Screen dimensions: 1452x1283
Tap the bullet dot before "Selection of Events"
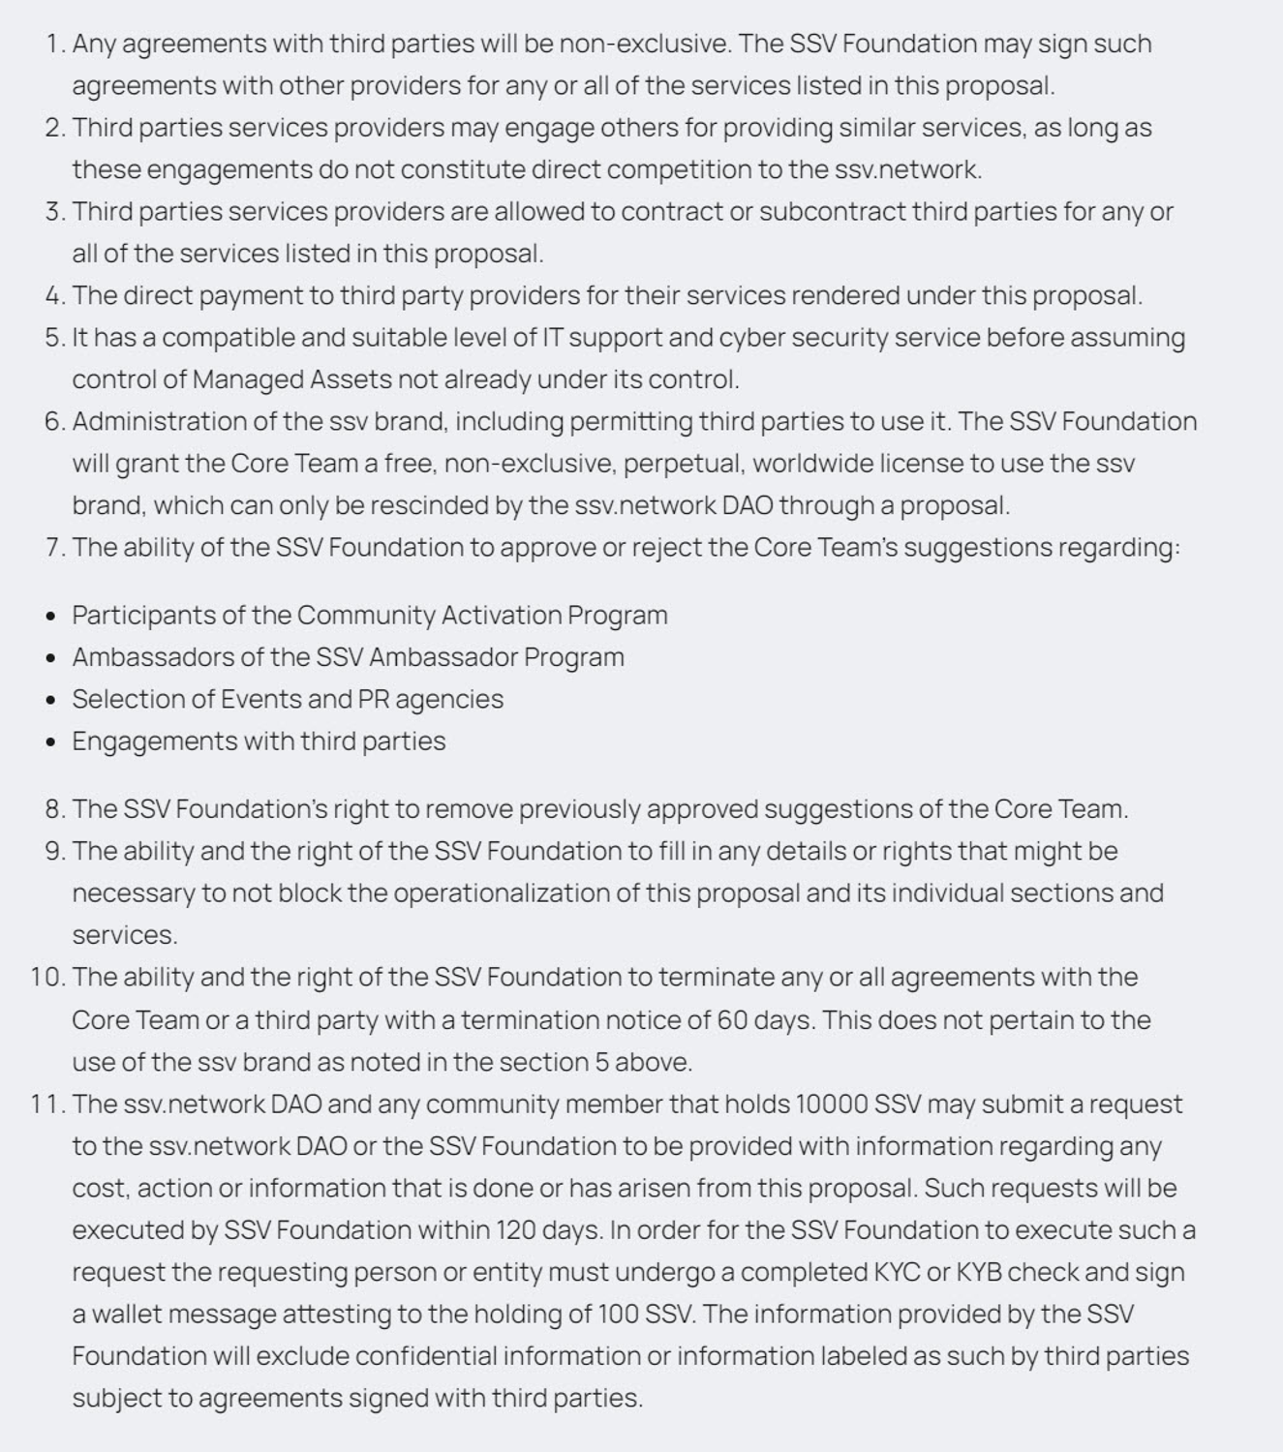click(51, 700)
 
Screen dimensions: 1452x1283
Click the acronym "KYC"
click(897, 1272)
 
